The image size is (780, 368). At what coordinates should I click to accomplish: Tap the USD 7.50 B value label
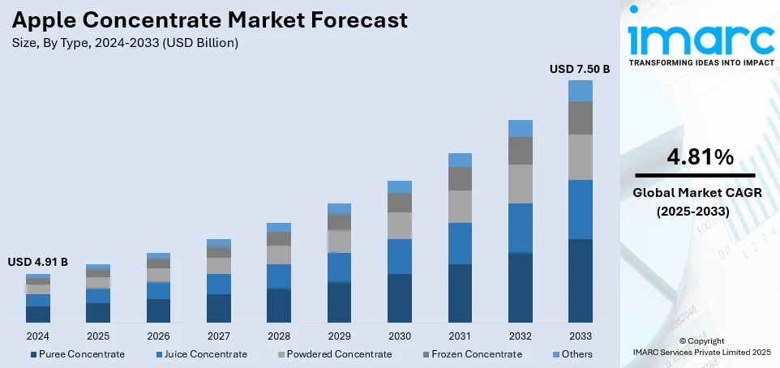(x=579, y=70)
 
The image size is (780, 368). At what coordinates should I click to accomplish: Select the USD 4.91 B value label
(x=37, y=263)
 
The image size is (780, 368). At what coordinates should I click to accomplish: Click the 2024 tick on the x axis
(x=37, y=335)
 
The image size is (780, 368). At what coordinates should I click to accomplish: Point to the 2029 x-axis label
(x=339, y=335)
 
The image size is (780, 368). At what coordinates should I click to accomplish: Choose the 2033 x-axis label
(x=580, y=335)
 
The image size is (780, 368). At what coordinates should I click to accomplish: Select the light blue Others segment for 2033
(x=580, y=91)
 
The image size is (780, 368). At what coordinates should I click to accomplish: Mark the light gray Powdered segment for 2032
(x=520, y=184)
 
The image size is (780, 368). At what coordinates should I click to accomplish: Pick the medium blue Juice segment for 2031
(x=460, y=243)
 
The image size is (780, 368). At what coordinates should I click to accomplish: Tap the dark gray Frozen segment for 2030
(x=399, y=203)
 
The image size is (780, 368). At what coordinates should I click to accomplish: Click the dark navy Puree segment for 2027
(x=219, y=309)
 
